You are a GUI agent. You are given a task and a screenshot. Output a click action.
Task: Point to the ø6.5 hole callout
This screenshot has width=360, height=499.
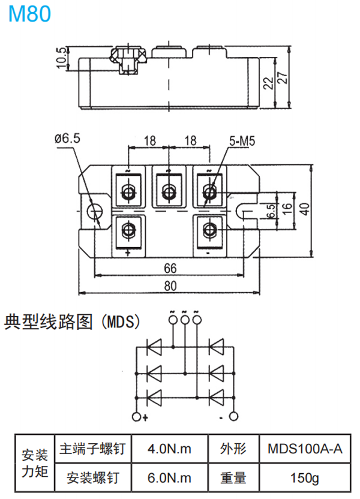pyautogui.click(x=67, y=139)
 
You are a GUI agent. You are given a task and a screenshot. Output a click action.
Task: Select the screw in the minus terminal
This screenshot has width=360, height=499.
pyautogui.click(x=210, y=230)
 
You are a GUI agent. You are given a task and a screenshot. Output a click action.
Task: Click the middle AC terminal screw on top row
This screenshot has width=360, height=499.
pyautogui.click(x=169, y=191)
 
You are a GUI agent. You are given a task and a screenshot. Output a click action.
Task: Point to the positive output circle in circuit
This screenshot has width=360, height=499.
pyautogui.click(x=137, y=417)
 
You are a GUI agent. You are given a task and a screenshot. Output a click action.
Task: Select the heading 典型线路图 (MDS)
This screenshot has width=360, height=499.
pyautogui.click(x=72, y=323)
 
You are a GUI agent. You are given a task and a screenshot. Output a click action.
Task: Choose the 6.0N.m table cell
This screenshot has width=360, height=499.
pyautogui.click(x=169, y=478)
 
